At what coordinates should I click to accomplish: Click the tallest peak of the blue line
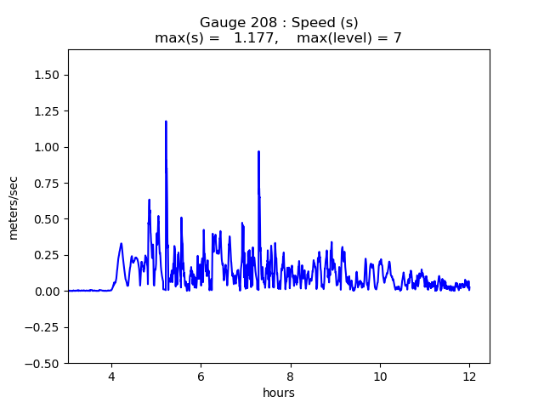(166, 122)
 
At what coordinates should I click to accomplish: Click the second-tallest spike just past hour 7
(258, 152)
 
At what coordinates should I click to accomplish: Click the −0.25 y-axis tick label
(44, 327)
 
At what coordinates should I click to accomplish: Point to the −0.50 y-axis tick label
(44, 363)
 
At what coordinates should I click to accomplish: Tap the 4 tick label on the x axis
(111, 376)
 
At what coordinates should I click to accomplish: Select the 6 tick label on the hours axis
(201, 376)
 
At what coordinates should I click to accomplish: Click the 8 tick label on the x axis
(291, 376)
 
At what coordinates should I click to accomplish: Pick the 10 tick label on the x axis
(380, 376)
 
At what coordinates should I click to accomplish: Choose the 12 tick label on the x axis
(469, 376)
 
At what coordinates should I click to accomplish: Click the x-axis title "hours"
(279, 393)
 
